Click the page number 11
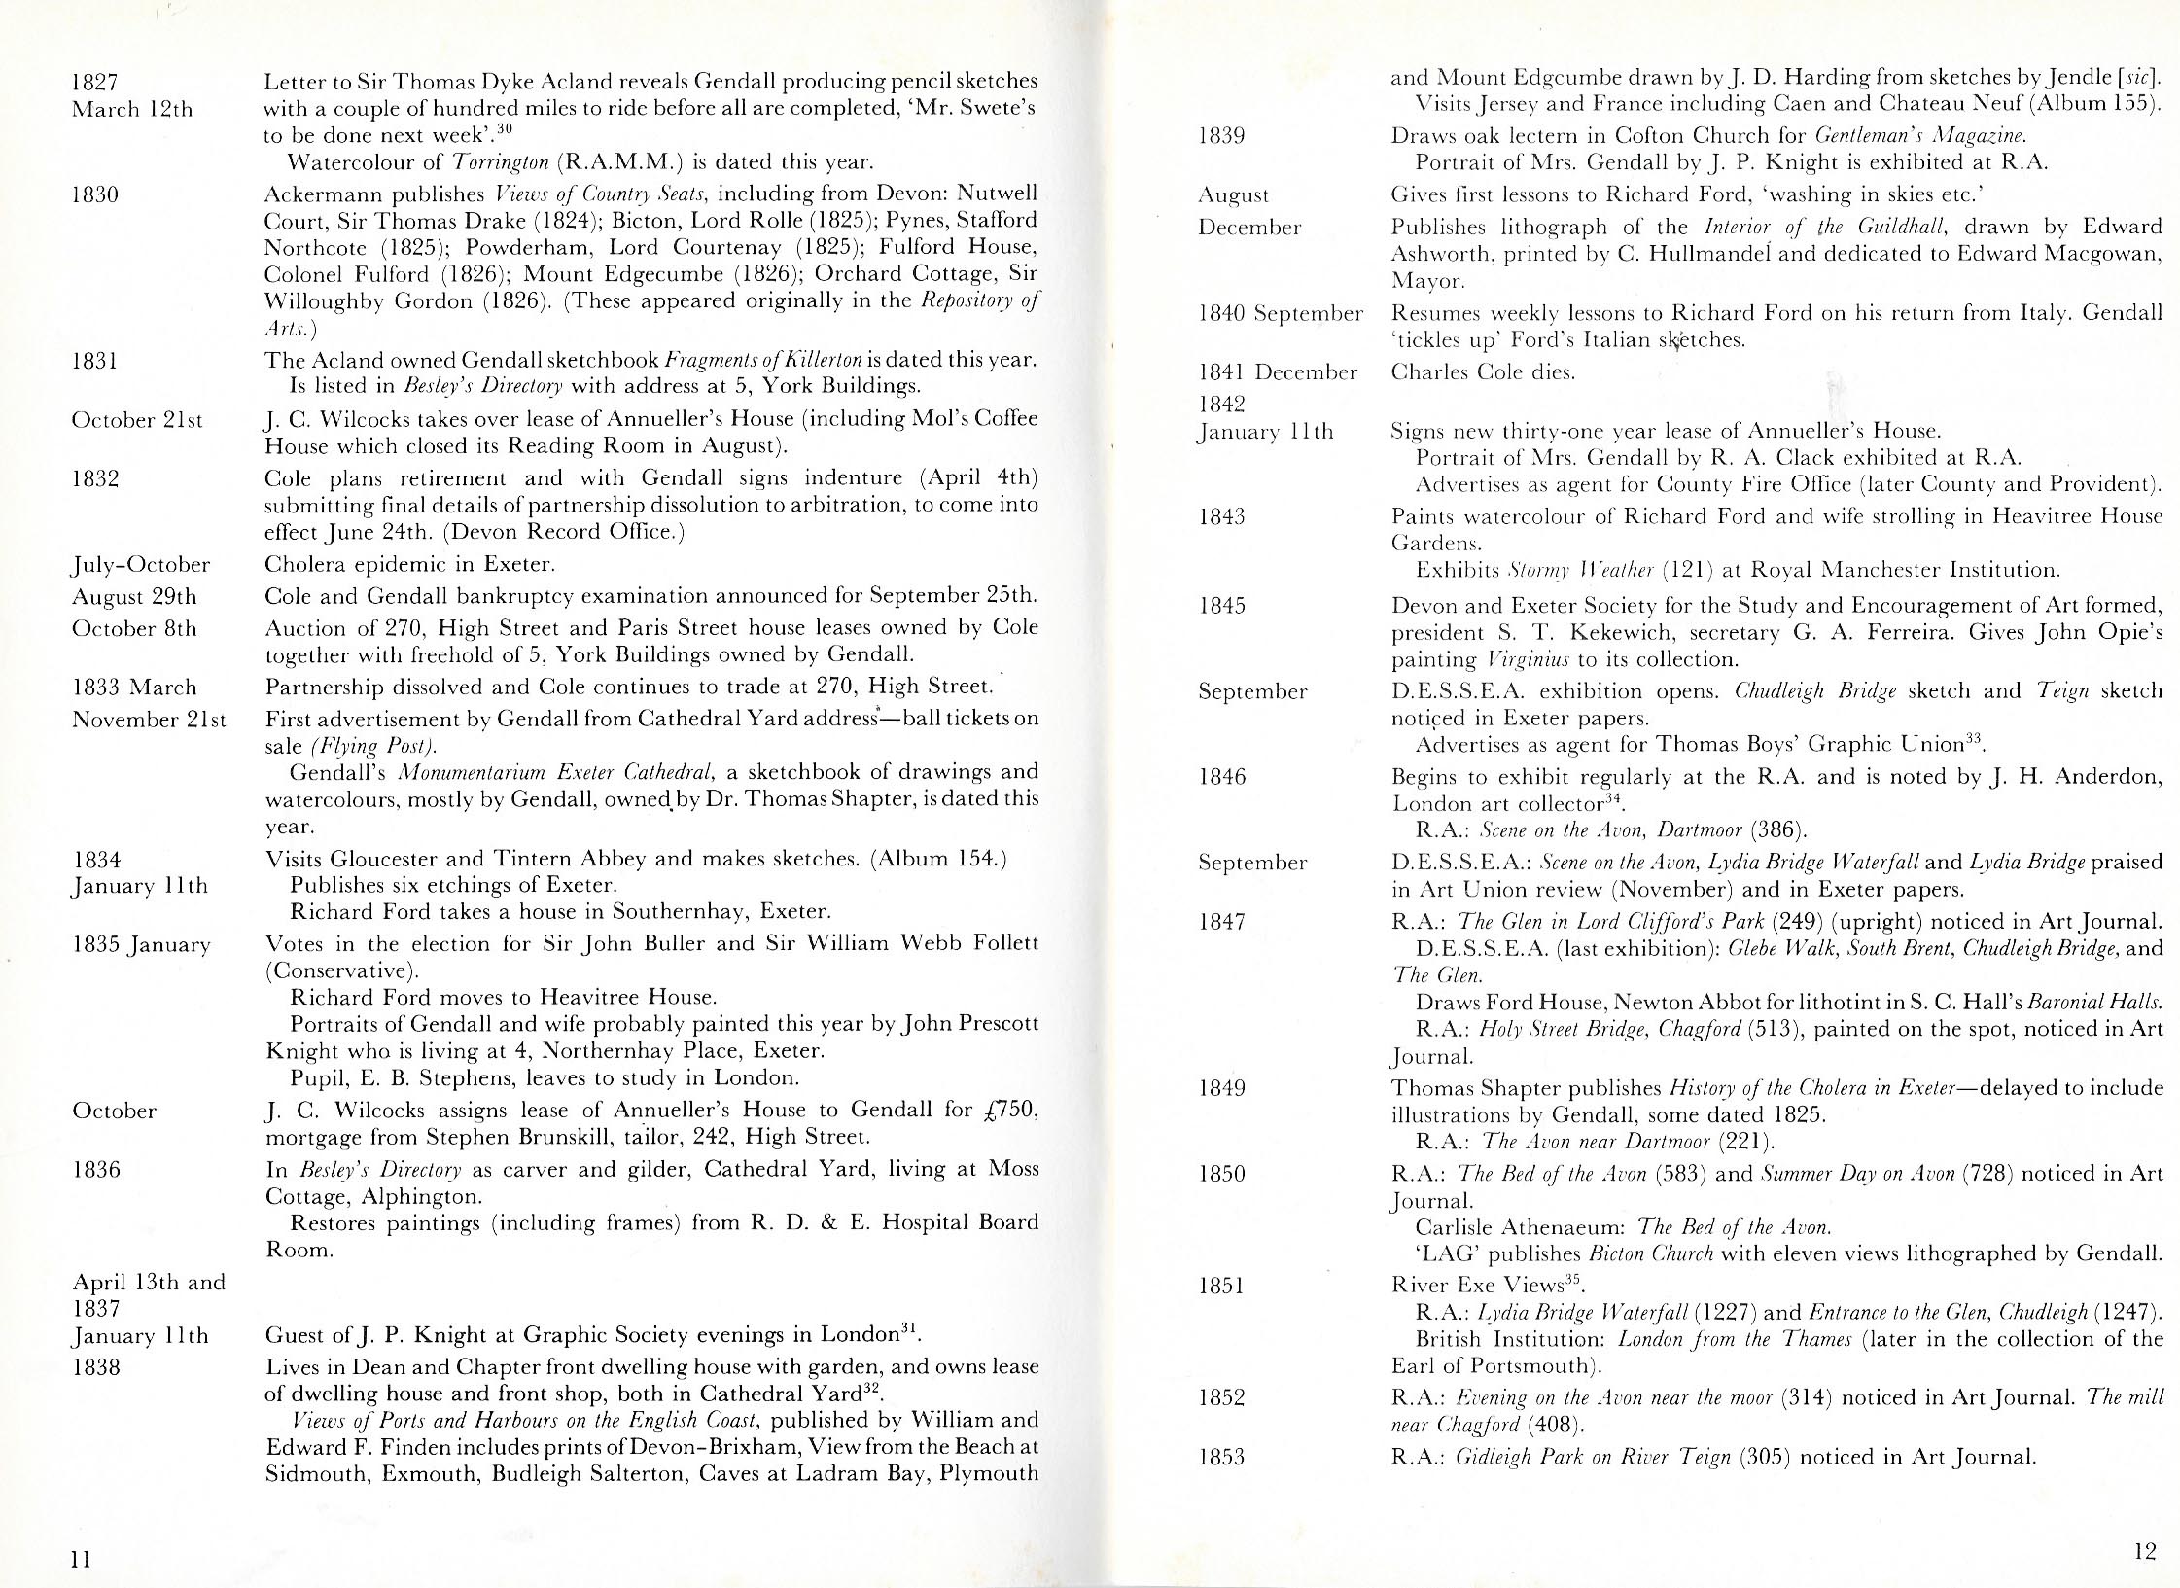[81, 1560]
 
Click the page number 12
[2145, 1552]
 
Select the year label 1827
[95, 83]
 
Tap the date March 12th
[132, 110]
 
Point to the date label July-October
[141, 565]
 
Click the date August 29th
[134, 596]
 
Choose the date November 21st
[149, 720]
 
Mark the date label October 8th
[134, 628]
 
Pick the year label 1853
[1221, 1457]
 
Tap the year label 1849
[1221, 1088]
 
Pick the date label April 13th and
[149, 1283]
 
